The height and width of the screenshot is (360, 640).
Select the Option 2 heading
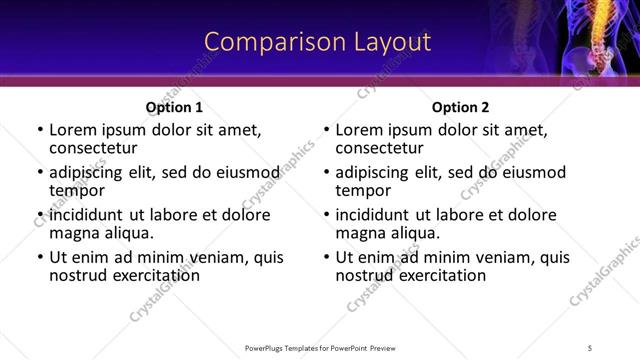pos(460,107)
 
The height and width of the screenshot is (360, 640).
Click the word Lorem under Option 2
pos(358,130)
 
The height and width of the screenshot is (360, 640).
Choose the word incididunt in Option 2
pos(375,214)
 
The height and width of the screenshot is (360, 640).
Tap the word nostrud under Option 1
pos(76,274)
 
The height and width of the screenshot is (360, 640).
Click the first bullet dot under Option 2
pos(326,131)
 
